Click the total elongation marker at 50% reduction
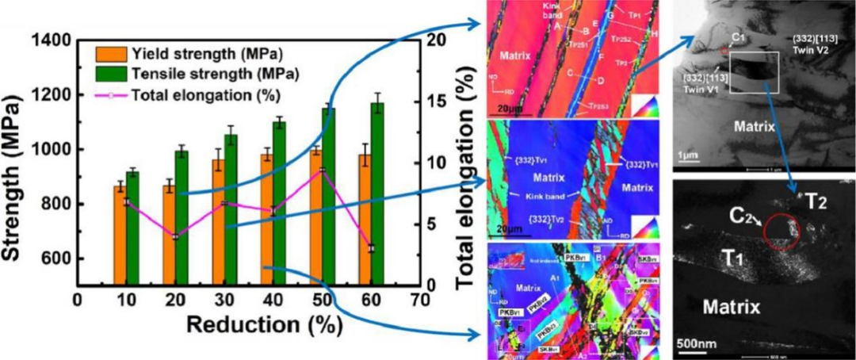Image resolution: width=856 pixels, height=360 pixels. point(323,170)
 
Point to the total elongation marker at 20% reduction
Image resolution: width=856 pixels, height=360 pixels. point(175,237)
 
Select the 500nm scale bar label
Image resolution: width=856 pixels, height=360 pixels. point(696,344)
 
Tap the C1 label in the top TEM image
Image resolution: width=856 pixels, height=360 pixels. point(740,37)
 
